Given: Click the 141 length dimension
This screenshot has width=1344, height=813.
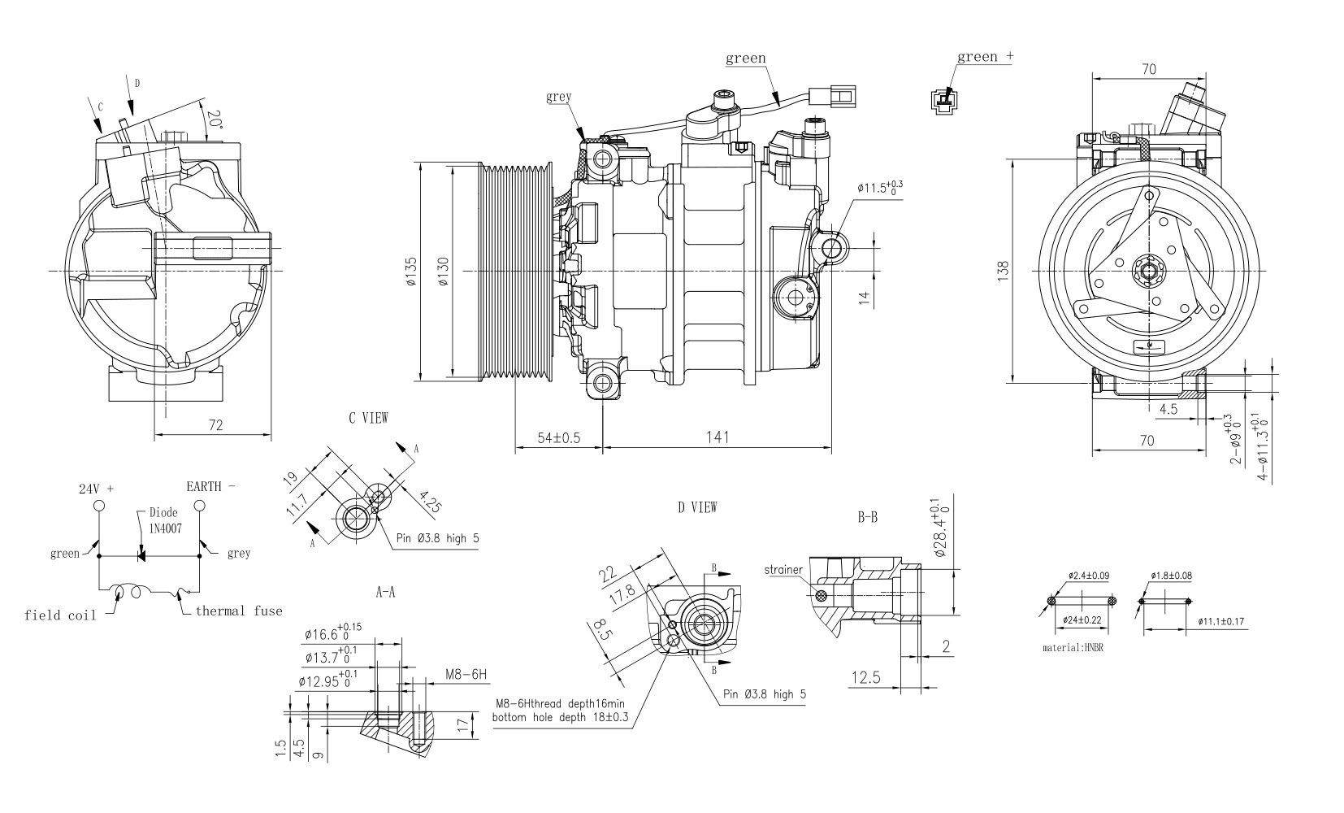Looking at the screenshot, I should tap(717, 437).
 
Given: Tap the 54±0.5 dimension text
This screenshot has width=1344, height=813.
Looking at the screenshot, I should tap(558, 437).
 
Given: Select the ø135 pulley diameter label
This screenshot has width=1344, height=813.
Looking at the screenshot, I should tap(410, 271).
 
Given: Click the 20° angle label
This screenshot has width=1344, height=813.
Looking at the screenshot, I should tap(214, 120).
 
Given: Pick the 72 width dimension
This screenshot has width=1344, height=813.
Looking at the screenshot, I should tap(215, 424).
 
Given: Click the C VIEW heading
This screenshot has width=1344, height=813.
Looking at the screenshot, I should tap(368, 418).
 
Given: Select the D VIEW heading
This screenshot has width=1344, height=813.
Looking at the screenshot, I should tap(697, 507).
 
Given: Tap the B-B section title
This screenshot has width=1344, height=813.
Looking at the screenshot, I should tap(867, 516).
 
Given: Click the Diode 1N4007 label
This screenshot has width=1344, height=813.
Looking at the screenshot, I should tap(164, 520).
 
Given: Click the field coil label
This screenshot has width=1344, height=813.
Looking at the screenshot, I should tap(59, 615).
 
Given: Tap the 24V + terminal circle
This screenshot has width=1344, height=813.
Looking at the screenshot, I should tap(99, 506).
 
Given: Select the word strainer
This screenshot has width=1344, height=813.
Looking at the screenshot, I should tap(783, 570).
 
